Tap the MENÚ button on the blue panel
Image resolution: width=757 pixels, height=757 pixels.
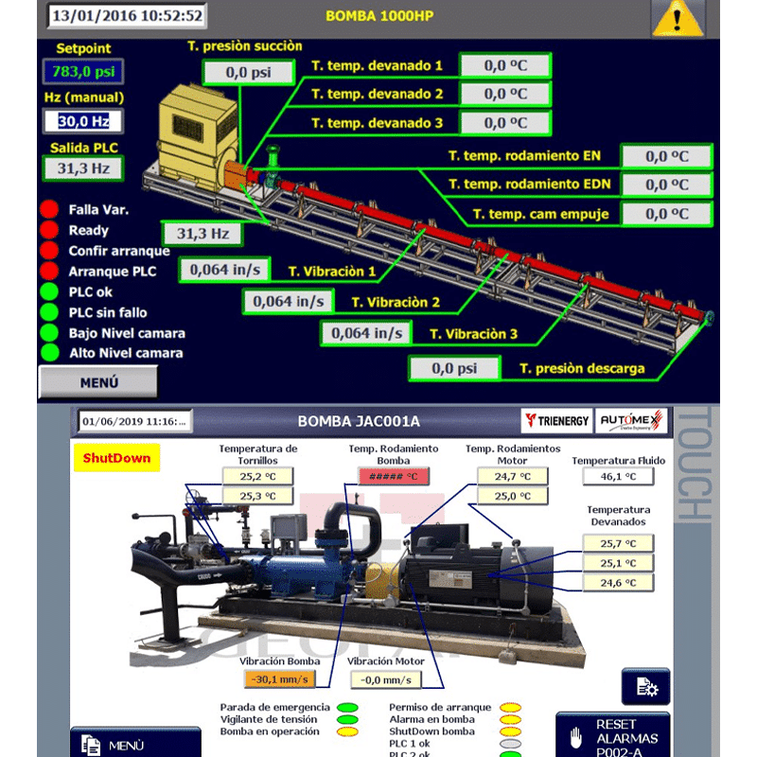click(98, 382)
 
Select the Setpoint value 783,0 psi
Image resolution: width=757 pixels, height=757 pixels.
click(83, 71)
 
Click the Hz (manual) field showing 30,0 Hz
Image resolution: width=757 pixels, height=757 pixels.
click(83, 121)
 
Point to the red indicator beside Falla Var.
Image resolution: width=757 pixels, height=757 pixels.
click(49, 209)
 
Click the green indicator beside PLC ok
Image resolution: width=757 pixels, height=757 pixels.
click(49, 291)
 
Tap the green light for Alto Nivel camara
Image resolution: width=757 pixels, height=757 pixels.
click(49, 353)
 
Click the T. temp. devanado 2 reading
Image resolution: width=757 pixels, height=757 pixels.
click(504, 94)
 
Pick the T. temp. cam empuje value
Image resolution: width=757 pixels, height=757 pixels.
click(666, 214)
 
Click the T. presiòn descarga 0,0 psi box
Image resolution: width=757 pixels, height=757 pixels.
click(455, 368)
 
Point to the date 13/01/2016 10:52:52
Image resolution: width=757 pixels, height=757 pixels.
click(127, 15)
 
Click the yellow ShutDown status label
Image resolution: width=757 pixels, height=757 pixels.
click(116, 458)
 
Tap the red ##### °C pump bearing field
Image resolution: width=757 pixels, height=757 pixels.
click(387, 477)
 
